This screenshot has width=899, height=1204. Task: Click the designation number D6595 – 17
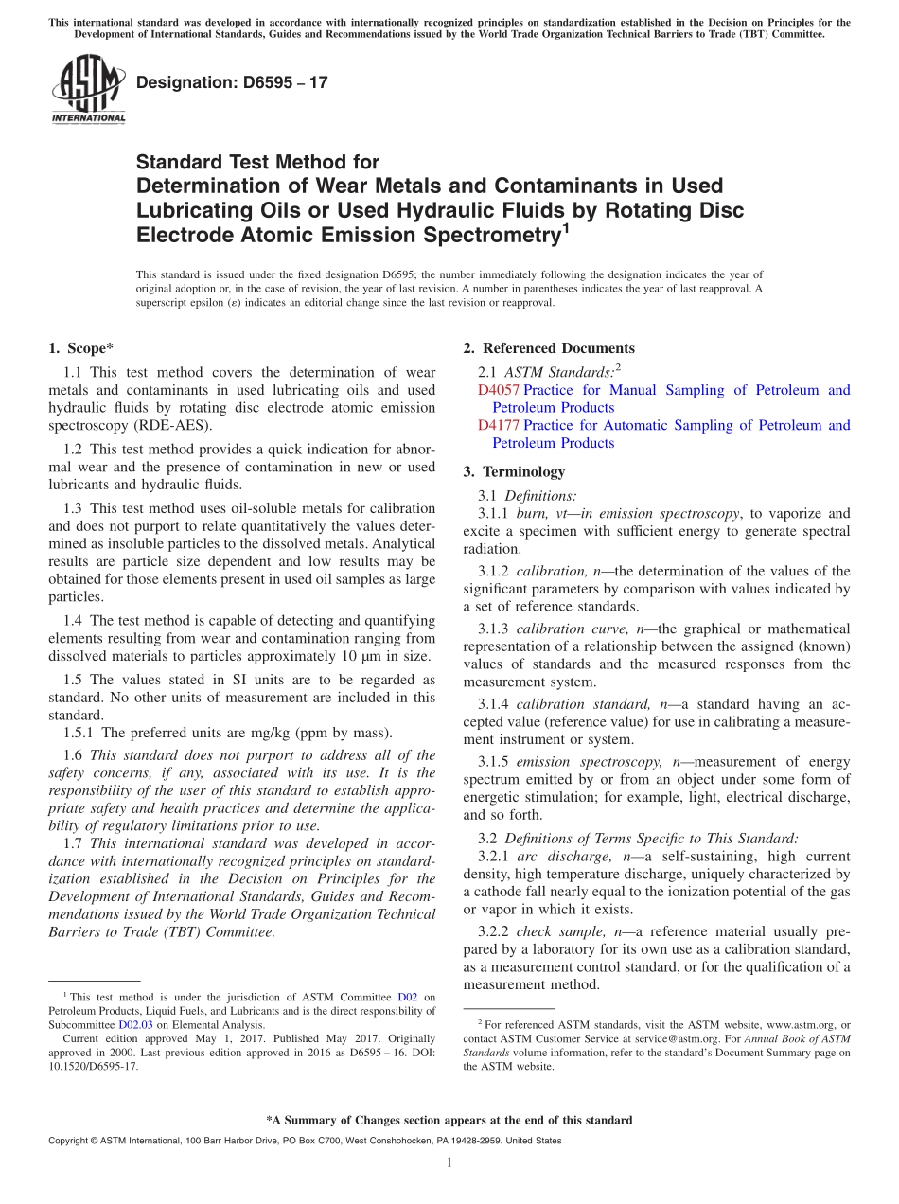coord(232,82)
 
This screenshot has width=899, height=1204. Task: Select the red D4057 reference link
coord(499,390)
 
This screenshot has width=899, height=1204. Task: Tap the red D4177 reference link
coord(499,425)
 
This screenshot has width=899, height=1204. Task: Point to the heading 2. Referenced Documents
coord(549,348)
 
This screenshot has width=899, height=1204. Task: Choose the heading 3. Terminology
coord(514,471)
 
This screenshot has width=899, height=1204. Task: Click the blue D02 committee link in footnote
coord(407,997)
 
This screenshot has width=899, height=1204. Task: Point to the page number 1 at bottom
coord(449,1162)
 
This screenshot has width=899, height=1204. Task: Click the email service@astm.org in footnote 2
coord(677,1038)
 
